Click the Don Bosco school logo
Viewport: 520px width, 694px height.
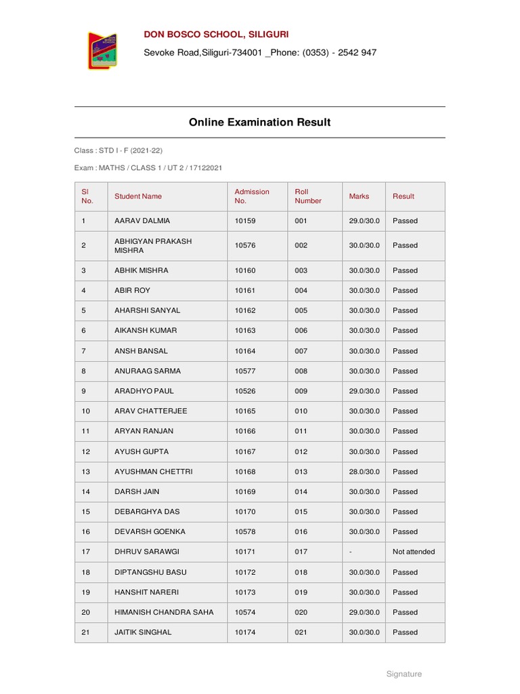point(102,50)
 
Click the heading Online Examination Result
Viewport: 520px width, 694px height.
point(259,123)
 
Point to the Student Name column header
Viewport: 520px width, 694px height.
point(138,197)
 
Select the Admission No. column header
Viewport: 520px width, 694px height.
point(252,197)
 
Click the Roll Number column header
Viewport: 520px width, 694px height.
point(308,197)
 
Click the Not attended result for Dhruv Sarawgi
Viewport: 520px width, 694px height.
point(414,552)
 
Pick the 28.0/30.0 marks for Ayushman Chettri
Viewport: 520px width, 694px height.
point(364,472)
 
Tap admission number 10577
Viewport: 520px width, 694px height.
point(244,371)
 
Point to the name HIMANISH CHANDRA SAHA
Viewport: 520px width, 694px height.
point(164,612)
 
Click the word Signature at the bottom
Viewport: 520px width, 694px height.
point(404,674)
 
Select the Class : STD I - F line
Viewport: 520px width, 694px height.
point(118,150)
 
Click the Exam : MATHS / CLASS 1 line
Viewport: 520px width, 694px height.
point(148,167)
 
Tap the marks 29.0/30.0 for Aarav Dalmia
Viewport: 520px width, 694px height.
point(364,221)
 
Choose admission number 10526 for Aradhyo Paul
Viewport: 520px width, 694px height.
point(244,391)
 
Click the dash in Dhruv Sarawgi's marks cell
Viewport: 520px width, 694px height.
point(351,552)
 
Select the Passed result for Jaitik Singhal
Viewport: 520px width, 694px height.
point(405,632)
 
